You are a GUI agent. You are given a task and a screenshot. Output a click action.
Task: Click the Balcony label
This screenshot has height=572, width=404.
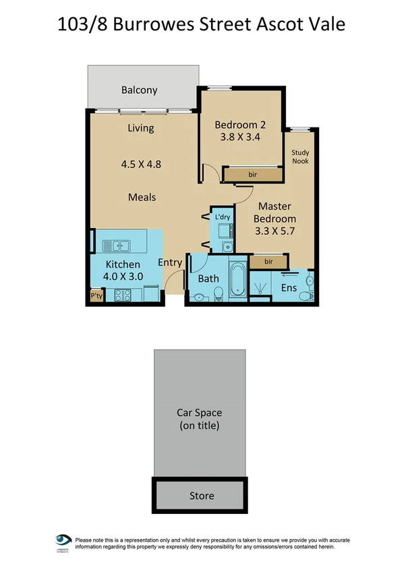140,90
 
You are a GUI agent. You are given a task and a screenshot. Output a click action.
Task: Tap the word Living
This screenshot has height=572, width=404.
141,128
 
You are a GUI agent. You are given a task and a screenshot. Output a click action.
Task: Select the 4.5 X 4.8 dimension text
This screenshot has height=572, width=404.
141,163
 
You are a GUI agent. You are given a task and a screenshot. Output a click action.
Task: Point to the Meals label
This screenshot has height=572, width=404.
142,197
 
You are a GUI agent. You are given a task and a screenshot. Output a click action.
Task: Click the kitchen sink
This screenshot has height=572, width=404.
117,246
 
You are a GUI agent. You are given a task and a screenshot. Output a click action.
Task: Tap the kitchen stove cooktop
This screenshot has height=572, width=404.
123,294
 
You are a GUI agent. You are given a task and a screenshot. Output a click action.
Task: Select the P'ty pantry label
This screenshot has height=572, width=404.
96,295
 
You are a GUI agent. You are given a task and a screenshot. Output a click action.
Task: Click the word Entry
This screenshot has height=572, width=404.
170,262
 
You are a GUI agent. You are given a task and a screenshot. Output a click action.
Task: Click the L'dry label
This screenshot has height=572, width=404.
223,217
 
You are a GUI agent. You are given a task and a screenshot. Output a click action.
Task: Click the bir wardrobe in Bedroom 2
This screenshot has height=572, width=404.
252,175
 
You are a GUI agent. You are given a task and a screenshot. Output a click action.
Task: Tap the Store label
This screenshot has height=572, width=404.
201,496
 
